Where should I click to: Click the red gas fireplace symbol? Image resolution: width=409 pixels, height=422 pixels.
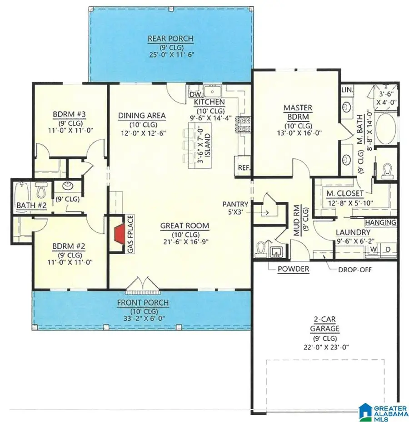[119, 234]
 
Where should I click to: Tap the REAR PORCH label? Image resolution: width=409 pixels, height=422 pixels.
[170, 39]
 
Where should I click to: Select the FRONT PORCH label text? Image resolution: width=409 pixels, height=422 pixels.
[143, 303]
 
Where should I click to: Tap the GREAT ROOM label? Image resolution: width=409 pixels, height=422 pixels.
[184, 226]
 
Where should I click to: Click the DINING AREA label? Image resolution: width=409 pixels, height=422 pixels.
[142, 116]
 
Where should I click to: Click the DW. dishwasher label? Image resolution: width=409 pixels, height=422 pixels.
[195, 94]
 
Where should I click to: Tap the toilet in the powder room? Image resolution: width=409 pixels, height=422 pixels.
[261, 250]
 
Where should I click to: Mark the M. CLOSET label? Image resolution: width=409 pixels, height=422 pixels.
[344, 194]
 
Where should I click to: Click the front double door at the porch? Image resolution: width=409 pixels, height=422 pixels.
[143, 285]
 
